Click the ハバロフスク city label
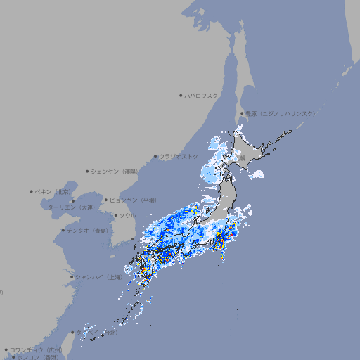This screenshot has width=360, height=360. [202, 95]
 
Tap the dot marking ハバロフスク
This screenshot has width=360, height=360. [181, 95]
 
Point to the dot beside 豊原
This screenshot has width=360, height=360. [242, 113]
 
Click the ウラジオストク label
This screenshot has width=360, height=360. [179, 156]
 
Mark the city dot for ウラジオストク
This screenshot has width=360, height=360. [155, 156]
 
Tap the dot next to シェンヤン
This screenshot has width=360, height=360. [87, 171]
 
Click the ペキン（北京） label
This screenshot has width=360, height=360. [54, 191]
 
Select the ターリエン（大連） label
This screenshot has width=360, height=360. [71, 207]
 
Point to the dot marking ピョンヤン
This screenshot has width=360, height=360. [106, 200]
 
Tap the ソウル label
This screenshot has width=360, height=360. [127, 215]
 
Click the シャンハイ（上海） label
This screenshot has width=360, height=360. [98, 277]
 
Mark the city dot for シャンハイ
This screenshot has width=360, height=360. [72, 277]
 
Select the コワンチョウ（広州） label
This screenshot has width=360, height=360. [36, 349]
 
